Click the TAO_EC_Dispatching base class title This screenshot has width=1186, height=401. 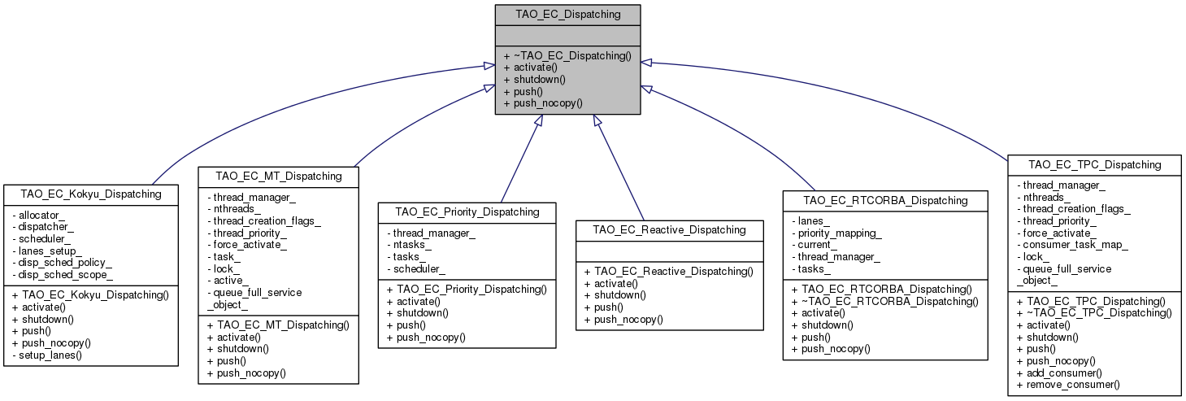click(567, 14)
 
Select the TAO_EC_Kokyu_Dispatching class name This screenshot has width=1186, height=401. click(91, 194)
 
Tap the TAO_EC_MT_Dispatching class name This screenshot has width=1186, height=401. click(278, 176)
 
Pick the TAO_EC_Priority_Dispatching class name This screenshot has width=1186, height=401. click(467, 211)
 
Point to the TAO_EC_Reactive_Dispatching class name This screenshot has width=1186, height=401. click(670, 229)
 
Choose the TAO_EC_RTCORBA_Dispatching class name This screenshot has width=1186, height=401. click(884, 200)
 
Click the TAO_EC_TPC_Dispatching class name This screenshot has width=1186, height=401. click(1094, 164)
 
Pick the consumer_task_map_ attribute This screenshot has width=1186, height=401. click(1075, 244)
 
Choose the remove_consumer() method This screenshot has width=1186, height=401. click(1068, 385)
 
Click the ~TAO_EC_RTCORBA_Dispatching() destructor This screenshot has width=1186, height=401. click(890, 301)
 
